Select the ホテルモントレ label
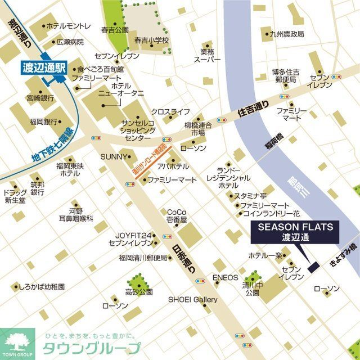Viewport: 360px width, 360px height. (x=68, y=26)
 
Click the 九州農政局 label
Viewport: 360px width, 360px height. (x=286, y=34)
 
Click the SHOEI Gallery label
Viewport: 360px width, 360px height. (x=192, y=300)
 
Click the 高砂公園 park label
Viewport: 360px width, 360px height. (x=139, y=292)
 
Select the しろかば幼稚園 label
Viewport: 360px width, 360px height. (x=41, y=286)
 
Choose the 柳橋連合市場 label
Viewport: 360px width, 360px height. (x=198, y=129)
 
